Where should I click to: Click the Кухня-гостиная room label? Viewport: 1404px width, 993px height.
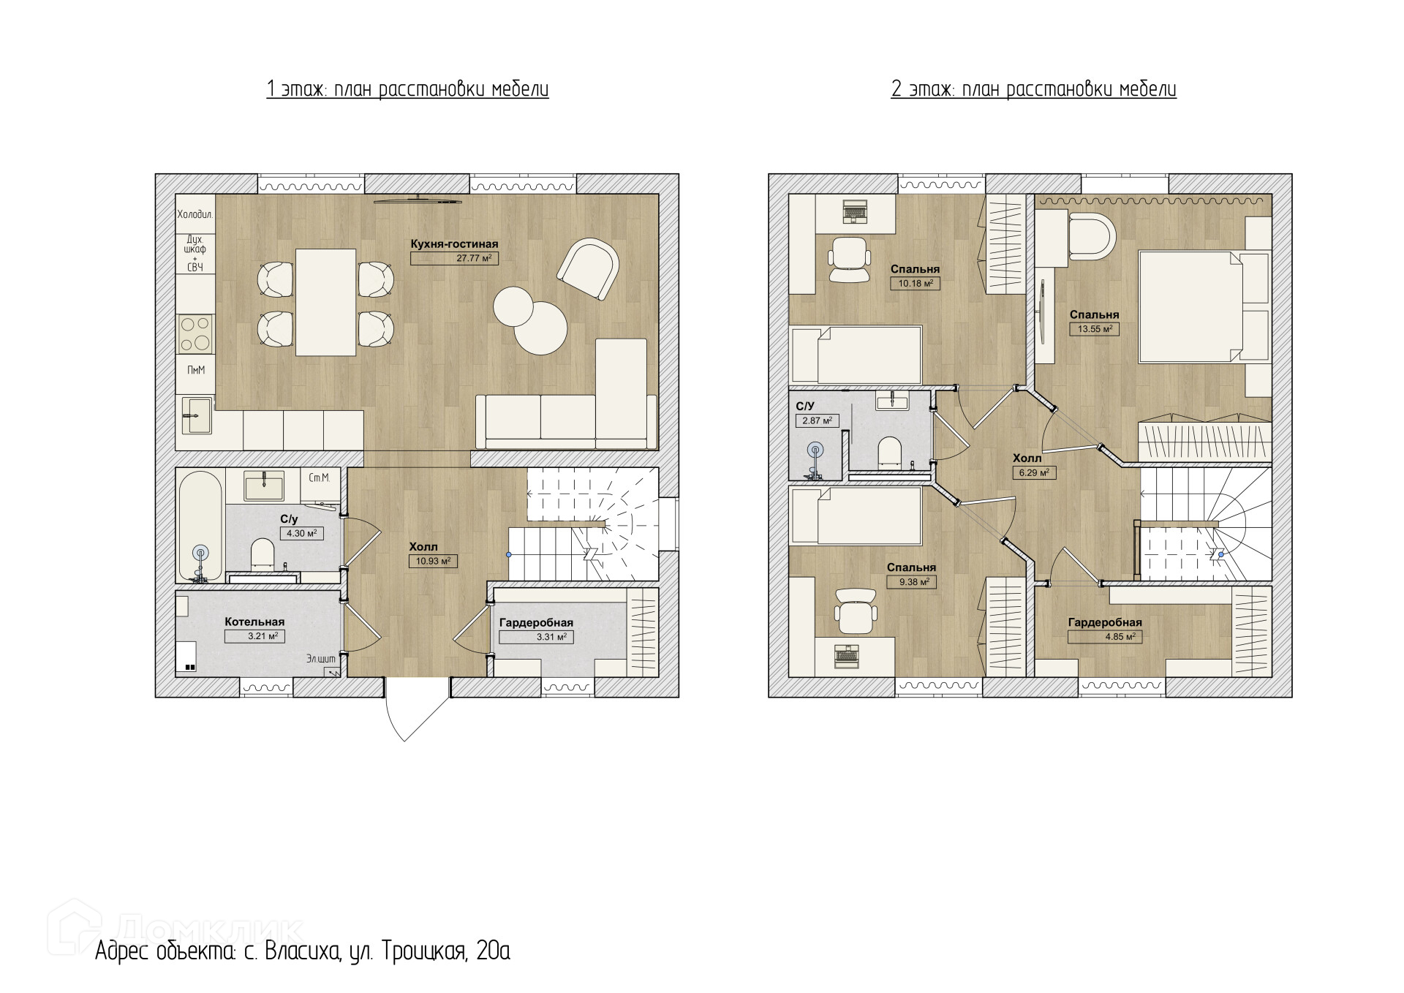pyautogui.click(x=454, y=244)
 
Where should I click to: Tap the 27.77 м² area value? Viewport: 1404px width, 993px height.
pyautogui.click(x=474, y=258)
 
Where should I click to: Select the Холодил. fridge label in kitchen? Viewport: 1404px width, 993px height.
pyautogui.click(x=195, y=214)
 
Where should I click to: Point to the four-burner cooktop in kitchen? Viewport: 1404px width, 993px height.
pyautogui.click(x=196, y=334)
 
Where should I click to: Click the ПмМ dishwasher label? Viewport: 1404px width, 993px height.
pyautogui.click(x=196, y=370)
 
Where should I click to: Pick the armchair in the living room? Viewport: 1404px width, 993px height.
pyautogui.click(x=589, y=268)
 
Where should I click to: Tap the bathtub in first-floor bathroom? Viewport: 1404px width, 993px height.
pyautogui.click(x=200, y=526)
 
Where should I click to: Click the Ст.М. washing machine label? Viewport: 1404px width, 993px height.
pyautogui.click(x=320, y=478)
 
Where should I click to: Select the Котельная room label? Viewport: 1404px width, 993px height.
pyautogui.click(x=254, y=622)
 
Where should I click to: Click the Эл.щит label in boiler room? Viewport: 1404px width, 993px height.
pyautogui.click(x=321, y=659)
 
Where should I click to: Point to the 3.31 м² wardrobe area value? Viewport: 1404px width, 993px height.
pyautogui.click(x=551, y=637)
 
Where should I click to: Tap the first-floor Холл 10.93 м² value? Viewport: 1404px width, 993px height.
pyautogui.click(x=433, y=562)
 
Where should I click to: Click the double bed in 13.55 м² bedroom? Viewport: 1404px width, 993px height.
pyautogui.click(x=1190, y=306)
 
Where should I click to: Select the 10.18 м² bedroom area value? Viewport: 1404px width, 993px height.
pyautogui.click(x=916, y=284)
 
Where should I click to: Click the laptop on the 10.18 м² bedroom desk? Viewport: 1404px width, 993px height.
pyautogui.click(x=854, y=211)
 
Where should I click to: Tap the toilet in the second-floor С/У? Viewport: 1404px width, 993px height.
pyautogui.click(x=889, y=453)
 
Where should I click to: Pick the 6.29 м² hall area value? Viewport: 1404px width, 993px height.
pyautogui.click(x=1034, y=473)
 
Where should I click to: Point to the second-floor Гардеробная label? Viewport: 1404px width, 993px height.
pyautogui.click(x=1105, y=622)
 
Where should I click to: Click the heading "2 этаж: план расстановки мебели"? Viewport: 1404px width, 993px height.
pyautogui.click(x=1033, y=89)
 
